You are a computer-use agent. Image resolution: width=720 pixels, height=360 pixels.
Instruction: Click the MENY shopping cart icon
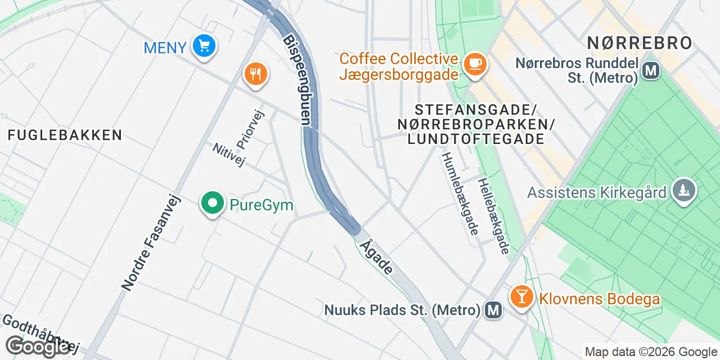pyautogui.click(x=204, y=45)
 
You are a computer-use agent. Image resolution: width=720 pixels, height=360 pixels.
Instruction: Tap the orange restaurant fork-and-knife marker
pyautogui.click(x=255, y=73)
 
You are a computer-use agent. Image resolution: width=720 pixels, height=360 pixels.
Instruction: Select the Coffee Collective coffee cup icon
pyautogui.click(x=475, y=64)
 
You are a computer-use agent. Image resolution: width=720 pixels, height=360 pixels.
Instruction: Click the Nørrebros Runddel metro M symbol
pyautogui.click(x=651, y=71)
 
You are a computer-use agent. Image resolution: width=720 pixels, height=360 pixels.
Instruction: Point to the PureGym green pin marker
pyautogui.click(x=212, y=203)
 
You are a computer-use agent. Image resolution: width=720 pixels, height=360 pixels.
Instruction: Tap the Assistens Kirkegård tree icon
pyautogui.click(x=683, y=191)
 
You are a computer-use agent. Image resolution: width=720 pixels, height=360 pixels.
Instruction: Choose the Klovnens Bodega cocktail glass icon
pyautogui.click(x=521, y=296)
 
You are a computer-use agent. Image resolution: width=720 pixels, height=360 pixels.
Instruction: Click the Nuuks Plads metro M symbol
pyautogui.click(x=494, y=309)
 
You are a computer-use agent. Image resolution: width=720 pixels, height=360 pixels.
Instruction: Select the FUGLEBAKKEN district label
pyautogui.click(x=65, y=135)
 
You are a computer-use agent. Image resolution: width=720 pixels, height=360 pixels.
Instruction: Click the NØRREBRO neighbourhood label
pyautogui.click(x=640, y=43)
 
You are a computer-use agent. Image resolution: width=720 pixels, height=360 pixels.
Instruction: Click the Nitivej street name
pyautogui.click(x=229, y=155)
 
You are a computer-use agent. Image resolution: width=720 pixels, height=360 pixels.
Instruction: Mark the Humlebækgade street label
pyautogui.click(x=460, y=193)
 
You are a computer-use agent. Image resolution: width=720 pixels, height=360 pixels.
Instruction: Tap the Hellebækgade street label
pyautogui.click(x=493, y=216)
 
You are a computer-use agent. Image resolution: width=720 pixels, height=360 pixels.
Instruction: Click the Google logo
pyautogui.click(x=38, y=346)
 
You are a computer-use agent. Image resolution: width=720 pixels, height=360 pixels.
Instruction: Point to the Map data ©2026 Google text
pyautogui.click(x=650, y=352)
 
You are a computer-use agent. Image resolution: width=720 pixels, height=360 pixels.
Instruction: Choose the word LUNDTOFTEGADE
pyautogui.click(x=475, y=139)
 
